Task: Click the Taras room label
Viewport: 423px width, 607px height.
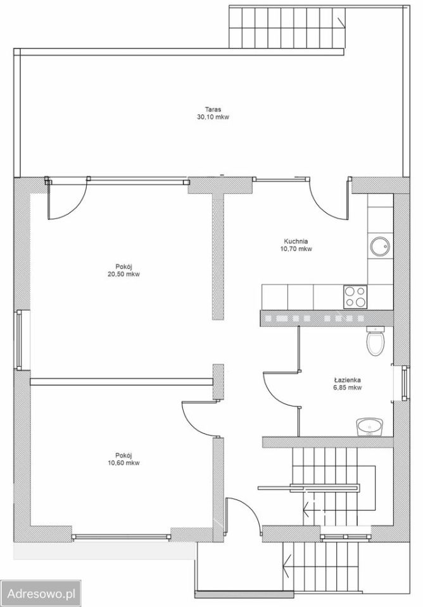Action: pos(213,109)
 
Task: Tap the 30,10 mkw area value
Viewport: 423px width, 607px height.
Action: pos(213,117)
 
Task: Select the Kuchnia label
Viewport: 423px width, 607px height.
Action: pos(296,242)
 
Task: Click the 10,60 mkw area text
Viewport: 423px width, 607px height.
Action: pos(124,463)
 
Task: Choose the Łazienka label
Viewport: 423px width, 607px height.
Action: pos(348,380)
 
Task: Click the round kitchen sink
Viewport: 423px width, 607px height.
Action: pos(379,246)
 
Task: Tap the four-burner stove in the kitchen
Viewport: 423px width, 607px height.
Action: pos(355,297)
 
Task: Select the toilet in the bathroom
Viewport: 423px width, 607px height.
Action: pos(376,341)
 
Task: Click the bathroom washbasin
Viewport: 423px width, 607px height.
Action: pos(369,427)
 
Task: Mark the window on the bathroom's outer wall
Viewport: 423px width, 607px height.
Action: pos(405,383)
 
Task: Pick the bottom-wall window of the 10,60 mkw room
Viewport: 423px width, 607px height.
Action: pos(122,537)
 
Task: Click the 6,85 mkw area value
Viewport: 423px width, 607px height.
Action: pos(348,388)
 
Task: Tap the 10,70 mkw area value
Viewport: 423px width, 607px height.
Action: pos(296,249)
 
